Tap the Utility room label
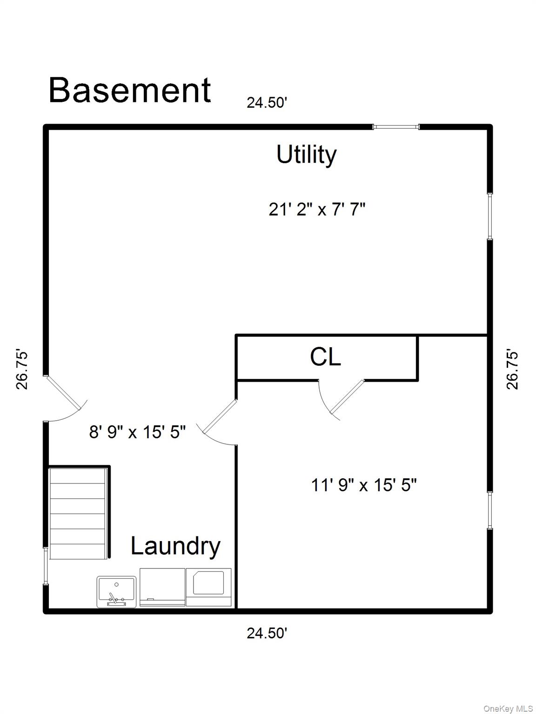point(306,154)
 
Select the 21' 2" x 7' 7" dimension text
point(317,210)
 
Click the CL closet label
point(326,357)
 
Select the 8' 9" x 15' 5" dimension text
point(138,432)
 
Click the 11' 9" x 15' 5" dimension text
point(363,485)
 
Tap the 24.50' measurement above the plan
point(267,103)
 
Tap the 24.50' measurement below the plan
point(267,633)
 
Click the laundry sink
point(116,591)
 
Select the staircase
point(78,513)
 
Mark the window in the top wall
point(396,126)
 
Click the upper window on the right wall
point(489,216)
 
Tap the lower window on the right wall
point(489,510)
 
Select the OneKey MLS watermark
point(508,708)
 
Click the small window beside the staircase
point(46,566)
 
